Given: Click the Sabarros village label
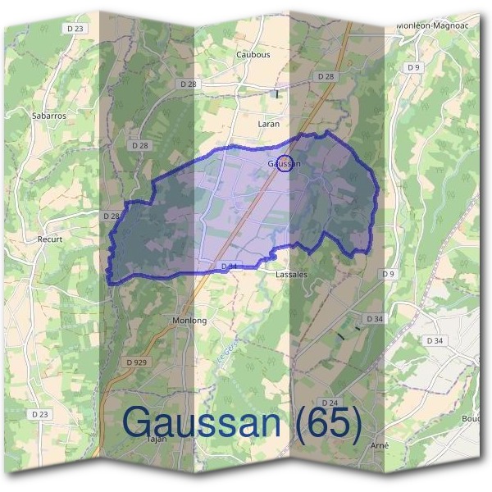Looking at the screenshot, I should [x=49, y=116].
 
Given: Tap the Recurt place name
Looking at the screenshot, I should [x=50, y=240].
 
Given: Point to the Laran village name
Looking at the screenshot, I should [x=268, y=124].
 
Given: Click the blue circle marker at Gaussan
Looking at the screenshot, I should [x=285, y=163].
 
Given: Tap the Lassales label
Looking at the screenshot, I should [x=292, y=275].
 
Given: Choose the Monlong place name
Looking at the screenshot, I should [x=189, y=320].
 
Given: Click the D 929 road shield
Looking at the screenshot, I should [x=139, y=362].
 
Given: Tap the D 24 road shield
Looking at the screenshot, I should [x=330, y=403].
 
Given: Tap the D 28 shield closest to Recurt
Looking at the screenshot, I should [x=111, y=216].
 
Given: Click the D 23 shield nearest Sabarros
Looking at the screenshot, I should [x=76, y=28].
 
